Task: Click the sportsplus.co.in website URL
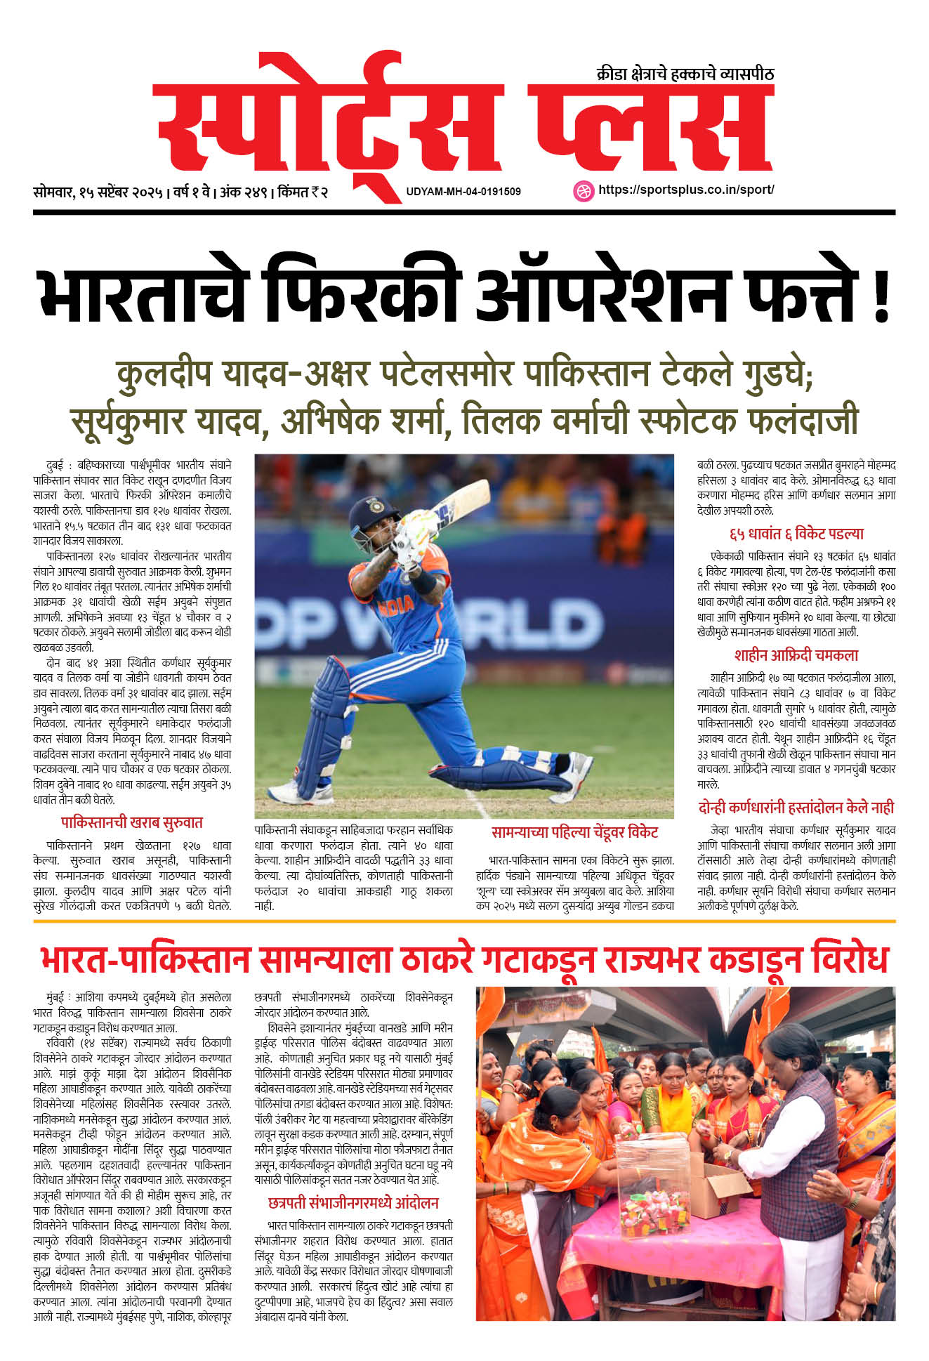[x=686, y=190]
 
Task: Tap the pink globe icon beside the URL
[x=584, y=190]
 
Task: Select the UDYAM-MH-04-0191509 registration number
[x=463, y=191]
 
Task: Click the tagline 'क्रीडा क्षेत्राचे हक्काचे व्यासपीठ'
[x=685, y=74]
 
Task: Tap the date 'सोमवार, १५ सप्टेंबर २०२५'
[x=98, y=192]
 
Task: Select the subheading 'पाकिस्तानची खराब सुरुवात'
[x=132, y=822]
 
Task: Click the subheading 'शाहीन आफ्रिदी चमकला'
[x=796, y=655]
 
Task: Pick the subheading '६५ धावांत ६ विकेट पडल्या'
[x=796, y=534]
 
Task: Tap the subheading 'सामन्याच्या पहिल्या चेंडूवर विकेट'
[x=574, y=833]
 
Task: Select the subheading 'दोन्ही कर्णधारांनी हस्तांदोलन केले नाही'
[x=796, y=808]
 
